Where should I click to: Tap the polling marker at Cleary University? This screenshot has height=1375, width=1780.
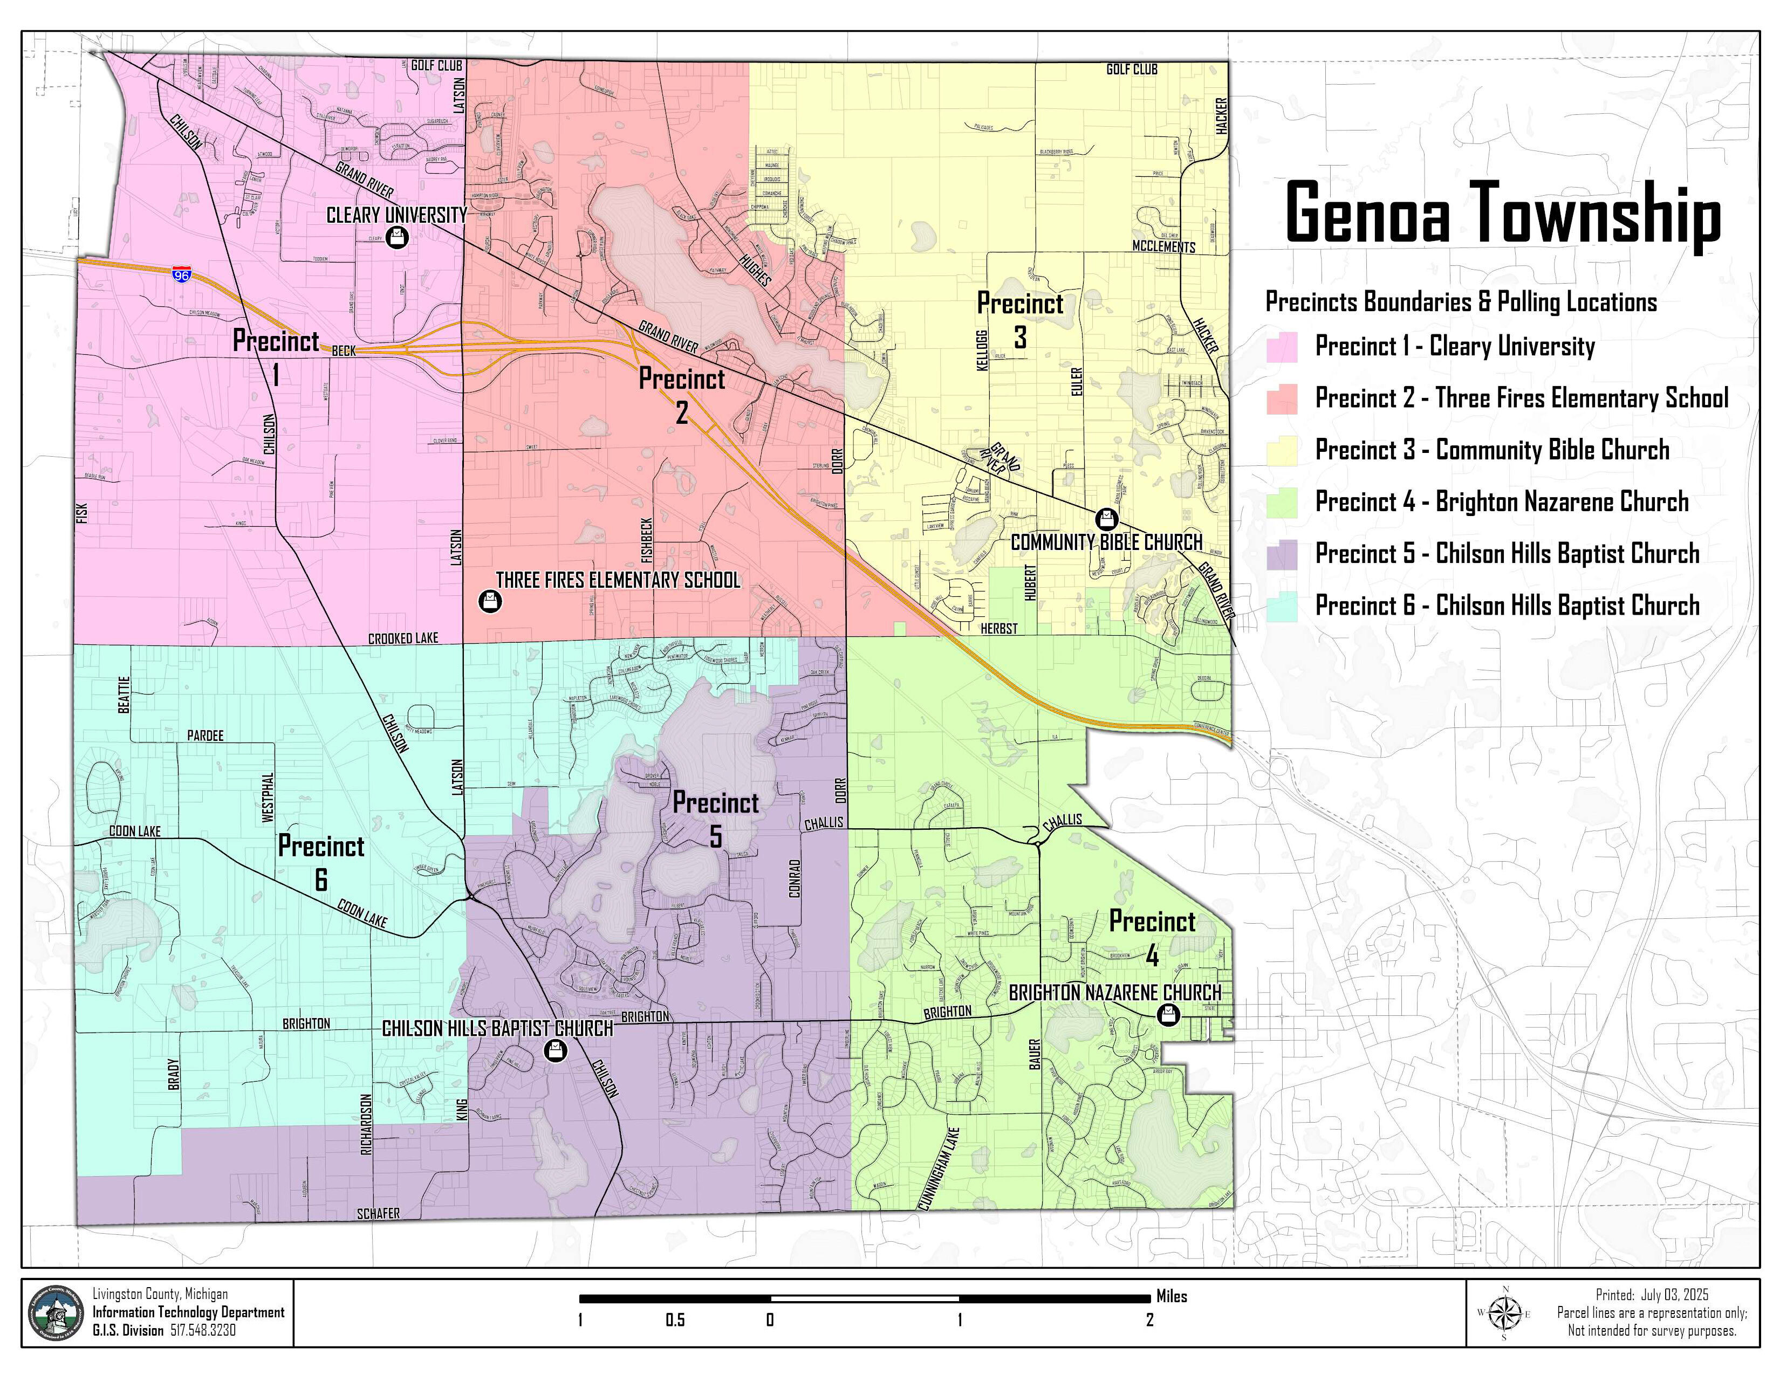tap(397, 238)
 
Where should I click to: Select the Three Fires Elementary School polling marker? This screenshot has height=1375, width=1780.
tap(489, 601)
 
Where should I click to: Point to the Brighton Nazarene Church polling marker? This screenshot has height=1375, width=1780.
tap(1169, 1015)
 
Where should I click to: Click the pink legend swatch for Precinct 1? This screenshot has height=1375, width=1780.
tap(1281, 347)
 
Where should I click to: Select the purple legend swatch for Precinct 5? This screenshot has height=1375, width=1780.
tap(1281, 555)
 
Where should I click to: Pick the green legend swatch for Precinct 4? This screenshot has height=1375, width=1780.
tap(1281, 503)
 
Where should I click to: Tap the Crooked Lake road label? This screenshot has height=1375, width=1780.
tap(402, 638)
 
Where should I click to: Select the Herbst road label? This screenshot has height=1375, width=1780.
tap(998, 628)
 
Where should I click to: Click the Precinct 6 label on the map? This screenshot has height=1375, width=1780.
tap(321, 862)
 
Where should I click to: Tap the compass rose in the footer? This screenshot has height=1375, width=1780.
tap(1504, 1313)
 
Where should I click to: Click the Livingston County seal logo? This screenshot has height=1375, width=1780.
tap(56, 1312)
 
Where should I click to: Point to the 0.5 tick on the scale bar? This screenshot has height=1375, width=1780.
tap(675, 1319)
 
